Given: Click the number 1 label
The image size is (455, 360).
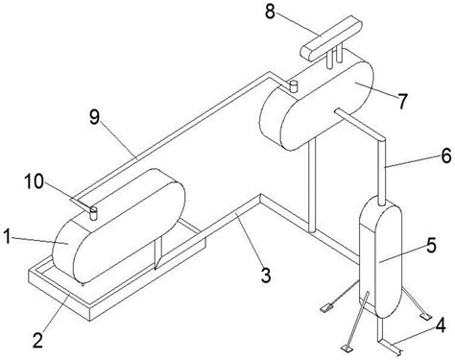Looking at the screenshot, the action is (x=8, y=237).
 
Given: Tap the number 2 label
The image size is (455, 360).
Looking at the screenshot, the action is (x=38, y=340).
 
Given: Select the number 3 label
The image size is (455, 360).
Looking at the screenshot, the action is (x=266, y=276).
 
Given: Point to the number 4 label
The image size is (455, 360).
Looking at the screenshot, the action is (x=441, y=325).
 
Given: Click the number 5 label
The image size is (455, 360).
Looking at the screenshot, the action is (x=431, y=246).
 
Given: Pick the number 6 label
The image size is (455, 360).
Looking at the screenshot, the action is (x=446, y=156).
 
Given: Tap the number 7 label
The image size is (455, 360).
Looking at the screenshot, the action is (x=402, y=101).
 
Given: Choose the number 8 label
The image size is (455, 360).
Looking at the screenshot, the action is (x=270, y=12).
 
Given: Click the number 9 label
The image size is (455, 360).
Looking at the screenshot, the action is (x=95, y=117).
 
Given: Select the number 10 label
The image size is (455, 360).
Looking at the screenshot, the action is (x=35, y=181).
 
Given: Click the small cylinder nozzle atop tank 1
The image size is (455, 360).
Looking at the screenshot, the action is (x=93, y=213).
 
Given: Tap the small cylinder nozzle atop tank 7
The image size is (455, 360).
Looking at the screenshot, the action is (x=293, y=86).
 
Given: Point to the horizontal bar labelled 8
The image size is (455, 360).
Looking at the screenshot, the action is (x=331, y=37).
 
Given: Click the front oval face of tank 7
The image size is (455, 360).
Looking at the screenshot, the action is (x=327, y=105).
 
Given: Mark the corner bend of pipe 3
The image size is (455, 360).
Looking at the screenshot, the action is (x=260, y=198).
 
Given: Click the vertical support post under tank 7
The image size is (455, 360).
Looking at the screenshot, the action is (x=312, y=185).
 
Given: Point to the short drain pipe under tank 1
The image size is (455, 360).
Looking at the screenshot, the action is (x=157, y=252).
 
